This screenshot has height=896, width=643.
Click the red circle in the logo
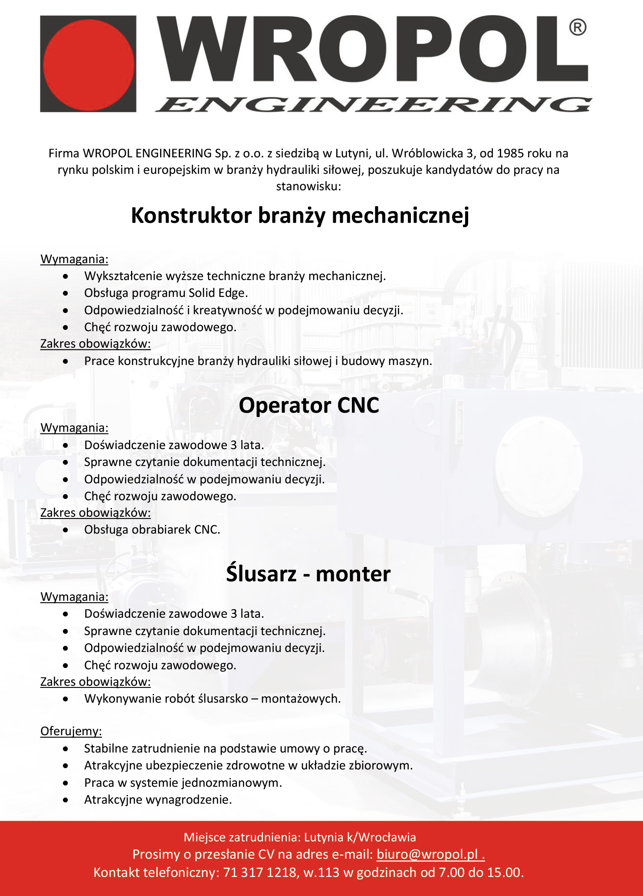tap(89, 64)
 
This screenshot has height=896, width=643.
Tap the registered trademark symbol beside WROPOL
tap(577, 28)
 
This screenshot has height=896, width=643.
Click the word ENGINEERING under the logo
tap(373, 104)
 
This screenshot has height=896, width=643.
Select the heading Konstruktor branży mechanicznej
tap(300, 215)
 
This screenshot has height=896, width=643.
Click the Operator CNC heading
tap(309, 405)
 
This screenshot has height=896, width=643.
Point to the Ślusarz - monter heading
tap(308, 574)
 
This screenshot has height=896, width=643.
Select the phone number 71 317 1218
tap(260, 872)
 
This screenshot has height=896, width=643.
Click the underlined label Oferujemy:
tap(71, 731)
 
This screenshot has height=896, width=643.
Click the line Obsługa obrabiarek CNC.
tap(152, 530)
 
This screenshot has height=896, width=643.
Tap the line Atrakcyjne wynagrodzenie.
tap(158, 799)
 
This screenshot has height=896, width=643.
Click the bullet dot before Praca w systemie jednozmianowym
tap(66, 783)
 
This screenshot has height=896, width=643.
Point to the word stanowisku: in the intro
tap(308, 186)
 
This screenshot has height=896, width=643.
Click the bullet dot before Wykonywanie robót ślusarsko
tap(66, 699)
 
